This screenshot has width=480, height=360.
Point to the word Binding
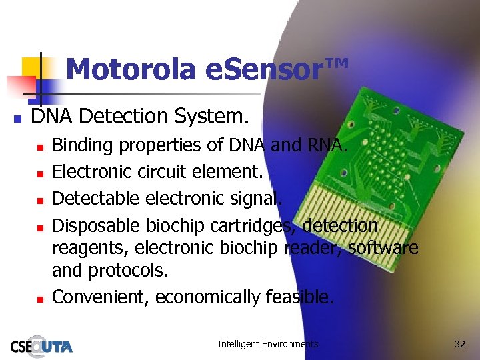83,145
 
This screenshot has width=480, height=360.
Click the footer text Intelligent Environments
268,344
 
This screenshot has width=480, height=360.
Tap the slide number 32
459,344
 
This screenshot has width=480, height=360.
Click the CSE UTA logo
41,345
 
